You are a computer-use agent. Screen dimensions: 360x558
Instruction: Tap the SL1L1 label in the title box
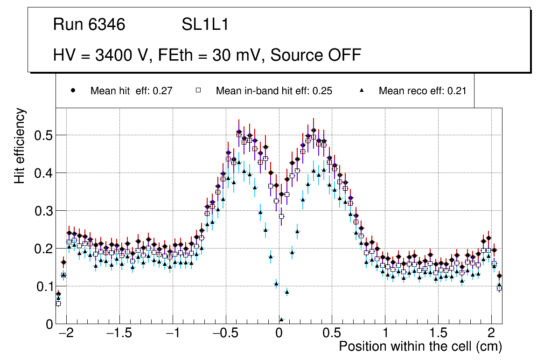pos(205,25)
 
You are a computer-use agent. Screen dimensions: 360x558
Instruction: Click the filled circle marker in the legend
pos(73,90)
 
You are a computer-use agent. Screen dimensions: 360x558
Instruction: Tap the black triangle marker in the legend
pos(362,90)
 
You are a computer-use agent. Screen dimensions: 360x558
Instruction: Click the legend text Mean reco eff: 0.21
pos(422,91)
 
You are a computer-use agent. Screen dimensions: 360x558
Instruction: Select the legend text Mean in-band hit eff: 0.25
pos(274,91)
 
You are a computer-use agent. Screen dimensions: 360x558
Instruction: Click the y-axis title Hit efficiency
pos(20,145)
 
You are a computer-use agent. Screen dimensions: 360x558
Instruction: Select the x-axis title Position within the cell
pos(420,347)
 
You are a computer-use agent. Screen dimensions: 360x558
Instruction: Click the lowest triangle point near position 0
pos(281,319)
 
